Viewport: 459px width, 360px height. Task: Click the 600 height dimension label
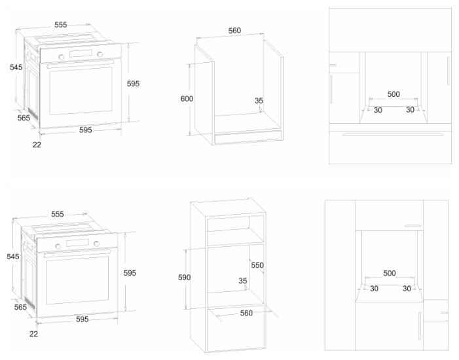[187, 98]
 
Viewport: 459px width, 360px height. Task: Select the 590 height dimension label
[185, 278]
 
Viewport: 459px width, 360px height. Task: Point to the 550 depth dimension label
[257, 266]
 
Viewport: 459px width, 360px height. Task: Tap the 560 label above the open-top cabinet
[235, 30]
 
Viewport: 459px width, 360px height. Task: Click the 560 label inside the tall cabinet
[246, 314]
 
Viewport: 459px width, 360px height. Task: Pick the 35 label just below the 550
[244, 281]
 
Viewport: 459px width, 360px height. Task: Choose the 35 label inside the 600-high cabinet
[259, 101]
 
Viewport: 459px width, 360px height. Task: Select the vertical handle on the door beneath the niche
[418, 325]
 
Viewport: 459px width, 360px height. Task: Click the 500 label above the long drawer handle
[393, 94]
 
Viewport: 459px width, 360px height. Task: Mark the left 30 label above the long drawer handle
[378, 110]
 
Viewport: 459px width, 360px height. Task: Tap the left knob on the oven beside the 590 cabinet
[58, 245]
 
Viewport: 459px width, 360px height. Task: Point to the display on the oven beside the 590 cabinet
[77, 243]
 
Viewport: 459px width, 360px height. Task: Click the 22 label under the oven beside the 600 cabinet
[37, 145]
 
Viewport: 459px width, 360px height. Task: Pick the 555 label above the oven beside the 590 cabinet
[58, 214]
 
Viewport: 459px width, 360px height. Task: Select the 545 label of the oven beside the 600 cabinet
[16, 67]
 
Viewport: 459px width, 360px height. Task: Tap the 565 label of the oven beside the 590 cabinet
[20, 307]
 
